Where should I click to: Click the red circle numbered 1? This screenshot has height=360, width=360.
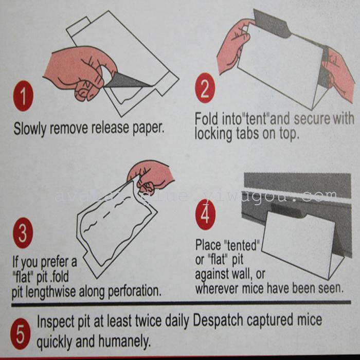[23, 96]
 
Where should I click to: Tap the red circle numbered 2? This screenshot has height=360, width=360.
[205, 88]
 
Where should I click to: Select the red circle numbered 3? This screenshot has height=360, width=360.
[23, 233]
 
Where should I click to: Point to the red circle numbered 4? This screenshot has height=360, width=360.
[205, 214]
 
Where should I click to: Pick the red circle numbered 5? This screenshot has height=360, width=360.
[20, 334]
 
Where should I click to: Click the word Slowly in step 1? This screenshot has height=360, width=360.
[30, 129]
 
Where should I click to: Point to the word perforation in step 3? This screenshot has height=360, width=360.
[134, 292]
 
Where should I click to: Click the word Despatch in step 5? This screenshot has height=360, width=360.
[218, 320]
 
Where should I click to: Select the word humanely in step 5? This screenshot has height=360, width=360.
[124, 341]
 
